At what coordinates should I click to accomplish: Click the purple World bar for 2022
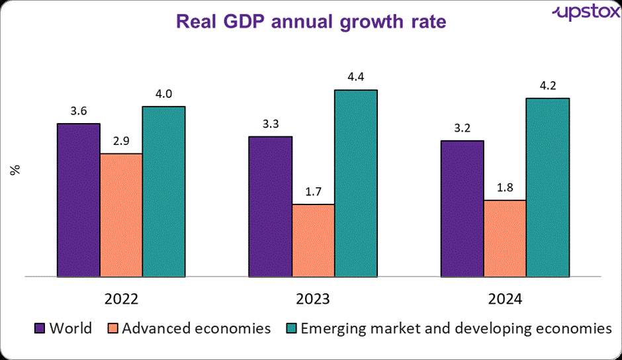[78, 200]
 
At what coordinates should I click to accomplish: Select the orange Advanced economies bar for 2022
[121, 215]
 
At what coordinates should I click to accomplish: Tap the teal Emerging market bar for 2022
[163, 191]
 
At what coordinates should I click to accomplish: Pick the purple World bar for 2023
[270, 206]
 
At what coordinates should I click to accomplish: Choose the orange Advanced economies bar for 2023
[313, 240]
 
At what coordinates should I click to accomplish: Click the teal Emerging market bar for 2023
[355, 183]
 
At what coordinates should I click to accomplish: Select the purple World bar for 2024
[462, 208]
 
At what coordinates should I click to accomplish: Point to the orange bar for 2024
[505, 238]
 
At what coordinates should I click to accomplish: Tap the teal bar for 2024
[547, 187]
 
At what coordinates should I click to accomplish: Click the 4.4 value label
[355, 78]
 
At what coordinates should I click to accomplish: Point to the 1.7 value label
[313, 193]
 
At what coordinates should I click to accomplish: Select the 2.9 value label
[121, 142]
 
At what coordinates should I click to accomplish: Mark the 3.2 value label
[462, 128]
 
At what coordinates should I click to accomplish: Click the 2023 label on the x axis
[313, 299]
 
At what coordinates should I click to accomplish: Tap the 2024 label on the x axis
[505, 299]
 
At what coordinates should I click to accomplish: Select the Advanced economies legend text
[197, 328]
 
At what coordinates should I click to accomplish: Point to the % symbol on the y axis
[16, 169]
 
